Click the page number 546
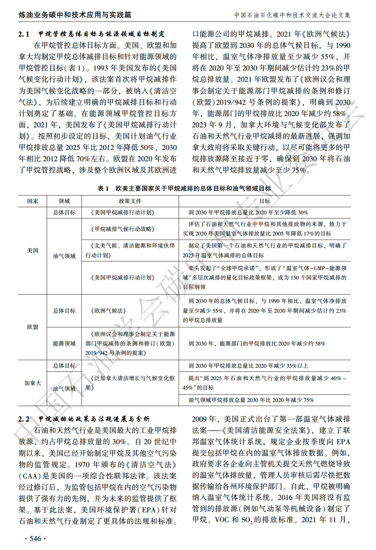pyautogui.click(x=35, y=539)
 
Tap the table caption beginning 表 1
pyautogui.click(x=184, y=188)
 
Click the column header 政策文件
pyautogui.click(x=130, y=201)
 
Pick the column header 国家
pyautogui.click(x=32, y=201)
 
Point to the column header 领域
pyautogui.click(x=64, y=201)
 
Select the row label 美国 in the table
pyautogui.click(x=32, y=251)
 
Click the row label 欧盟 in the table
pyautogui.click(x=32, y=327)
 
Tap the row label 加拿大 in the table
pyautogui.click(x=32, y=383)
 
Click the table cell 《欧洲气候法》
pyautogui.click(x=109, y=311)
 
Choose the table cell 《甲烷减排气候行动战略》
pyautogui.click(x=122, y=229)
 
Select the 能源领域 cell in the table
pyautogui.click(x=64, y=344)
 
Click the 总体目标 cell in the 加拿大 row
pyautogui.click(x=64, y=366)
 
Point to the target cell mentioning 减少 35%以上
pyautogui.click(x=248, y=366)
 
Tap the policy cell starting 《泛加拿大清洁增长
pyautogui.click(x=130, y=383)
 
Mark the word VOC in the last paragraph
pyautogui.click(x=222, y=520)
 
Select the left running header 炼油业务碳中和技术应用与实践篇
pyautogui.click(x=75, y=15)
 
